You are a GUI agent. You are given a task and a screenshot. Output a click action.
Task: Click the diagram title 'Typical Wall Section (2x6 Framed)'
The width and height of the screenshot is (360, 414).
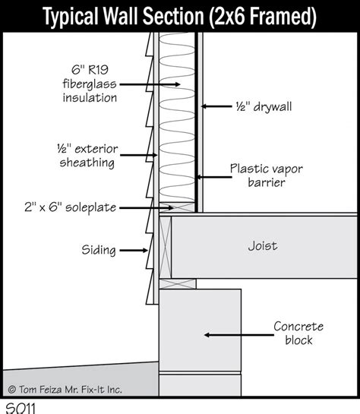click(x=179, y=17)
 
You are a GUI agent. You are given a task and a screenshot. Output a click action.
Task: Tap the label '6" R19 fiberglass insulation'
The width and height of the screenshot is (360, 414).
click(x=90, y=84)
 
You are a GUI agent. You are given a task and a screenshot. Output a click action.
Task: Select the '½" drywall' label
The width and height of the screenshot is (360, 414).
click(x=264, y=106)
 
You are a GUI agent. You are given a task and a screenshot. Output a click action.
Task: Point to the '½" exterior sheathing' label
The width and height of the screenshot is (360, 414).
click(x=87, y=156)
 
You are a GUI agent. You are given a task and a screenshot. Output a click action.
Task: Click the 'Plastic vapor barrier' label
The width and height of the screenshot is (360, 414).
click(x=267, y=175)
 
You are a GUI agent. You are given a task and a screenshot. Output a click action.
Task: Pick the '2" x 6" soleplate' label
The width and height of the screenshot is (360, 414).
click(x=70, y=207)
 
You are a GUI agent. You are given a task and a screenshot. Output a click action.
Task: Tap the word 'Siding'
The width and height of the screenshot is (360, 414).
click(x=99, y=250)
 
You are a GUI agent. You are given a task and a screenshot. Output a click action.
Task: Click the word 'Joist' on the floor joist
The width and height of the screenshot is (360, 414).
click(x=263, y=246)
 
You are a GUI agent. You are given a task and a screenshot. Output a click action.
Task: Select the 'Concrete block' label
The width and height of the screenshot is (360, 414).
click(x=298, y=333)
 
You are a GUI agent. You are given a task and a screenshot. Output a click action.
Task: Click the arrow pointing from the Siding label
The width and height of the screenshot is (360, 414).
click(x=134, y=251)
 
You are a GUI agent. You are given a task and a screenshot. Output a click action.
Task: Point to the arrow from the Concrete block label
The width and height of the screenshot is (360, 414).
click(x=238, y=335)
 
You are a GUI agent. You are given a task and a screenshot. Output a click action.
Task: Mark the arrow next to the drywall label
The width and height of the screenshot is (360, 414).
click(x=216, y=106)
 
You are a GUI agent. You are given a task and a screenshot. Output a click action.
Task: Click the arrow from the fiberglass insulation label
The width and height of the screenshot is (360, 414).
click(x=150, y=84)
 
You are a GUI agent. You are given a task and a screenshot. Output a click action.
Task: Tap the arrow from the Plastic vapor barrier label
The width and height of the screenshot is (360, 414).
click(x=213, y=177)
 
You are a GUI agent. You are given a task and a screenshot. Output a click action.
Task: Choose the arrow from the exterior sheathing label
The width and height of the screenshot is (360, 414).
click(x=139, y=155)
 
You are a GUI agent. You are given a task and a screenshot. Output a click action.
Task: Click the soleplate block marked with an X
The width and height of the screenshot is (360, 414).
click(x=177, y=207)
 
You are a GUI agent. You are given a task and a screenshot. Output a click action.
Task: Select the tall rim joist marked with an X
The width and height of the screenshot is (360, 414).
click(x=166, y=247)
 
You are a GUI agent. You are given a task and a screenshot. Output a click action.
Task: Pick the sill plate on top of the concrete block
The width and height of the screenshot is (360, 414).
click(x=178, y=284)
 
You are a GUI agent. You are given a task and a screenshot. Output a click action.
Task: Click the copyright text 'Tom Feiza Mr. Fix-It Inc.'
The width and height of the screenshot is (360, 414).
click(x=70, y=390)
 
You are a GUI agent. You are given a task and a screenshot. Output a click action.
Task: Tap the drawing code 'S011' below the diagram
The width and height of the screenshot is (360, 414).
click(x=21, y=408)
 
